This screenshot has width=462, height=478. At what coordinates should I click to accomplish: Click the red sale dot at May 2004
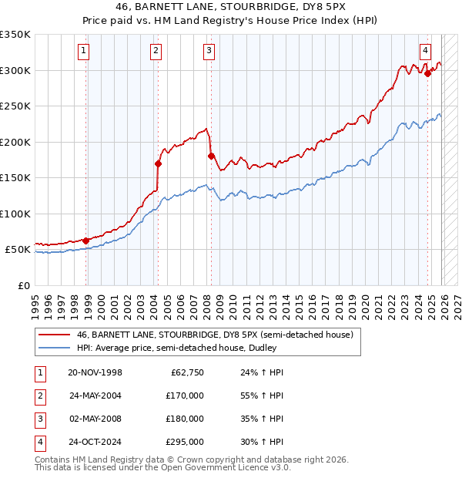point(158,163)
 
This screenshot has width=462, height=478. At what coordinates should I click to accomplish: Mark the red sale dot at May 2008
point(210,156)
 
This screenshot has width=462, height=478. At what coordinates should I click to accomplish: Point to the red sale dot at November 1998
point(86,241)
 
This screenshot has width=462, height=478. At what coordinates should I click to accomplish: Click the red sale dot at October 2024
point(428,74)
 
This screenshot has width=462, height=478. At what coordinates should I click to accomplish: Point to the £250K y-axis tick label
point(15,106)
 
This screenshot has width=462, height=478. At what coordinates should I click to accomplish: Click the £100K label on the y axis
point(15,214)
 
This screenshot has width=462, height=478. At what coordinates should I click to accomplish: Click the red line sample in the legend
point(54,335)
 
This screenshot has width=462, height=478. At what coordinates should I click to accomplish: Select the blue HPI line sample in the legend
point(54,348)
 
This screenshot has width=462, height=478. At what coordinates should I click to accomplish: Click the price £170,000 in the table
point(185,396)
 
